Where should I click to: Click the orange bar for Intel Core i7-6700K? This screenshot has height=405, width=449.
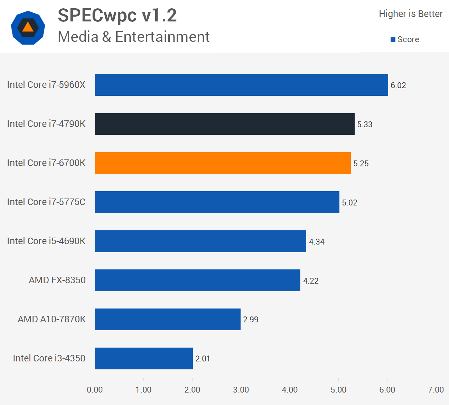223,163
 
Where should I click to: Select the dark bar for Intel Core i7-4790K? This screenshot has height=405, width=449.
225,124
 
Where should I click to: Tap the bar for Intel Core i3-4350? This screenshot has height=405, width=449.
144,358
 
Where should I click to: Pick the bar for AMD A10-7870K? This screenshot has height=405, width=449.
168,319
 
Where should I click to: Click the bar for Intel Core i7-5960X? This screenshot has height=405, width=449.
241,85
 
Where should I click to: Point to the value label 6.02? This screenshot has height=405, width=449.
398,85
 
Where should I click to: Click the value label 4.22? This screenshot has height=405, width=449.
311,281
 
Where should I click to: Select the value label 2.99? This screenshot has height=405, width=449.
251,320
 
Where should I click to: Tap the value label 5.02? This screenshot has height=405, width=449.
349,203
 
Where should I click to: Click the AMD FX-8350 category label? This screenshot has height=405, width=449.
57,280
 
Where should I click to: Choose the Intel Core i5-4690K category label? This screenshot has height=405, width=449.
46,241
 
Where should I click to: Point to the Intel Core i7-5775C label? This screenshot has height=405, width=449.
46,202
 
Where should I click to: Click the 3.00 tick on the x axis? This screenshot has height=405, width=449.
241,390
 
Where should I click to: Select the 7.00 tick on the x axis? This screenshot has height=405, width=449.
436,390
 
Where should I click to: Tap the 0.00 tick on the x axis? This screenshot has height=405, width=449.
95,390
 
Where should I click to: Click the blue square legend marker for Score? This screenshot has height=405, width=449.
393,40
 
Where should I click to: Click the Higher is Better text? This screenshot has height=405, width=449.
411,14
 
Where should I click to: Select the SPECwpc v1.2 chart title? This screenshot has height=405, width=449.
117,16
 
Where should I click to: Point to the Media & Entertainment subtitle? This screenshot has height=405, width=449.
133,37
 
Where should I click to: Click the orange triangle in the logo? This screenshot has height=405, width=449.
28,28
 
